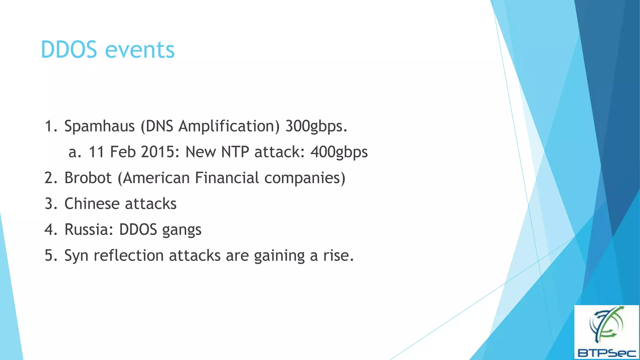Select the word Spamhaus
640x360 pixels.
(x=99, y=126)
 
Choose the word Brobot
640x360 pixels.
(x=88, y=178)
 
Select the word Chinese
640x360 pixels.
(x=92, y=204)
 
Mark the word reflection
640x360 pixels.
(x=129, y=255)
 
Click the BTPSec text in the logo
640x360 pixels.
(x=607, y=353)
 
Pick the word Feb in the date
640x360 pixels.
(x=122, y=152)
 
